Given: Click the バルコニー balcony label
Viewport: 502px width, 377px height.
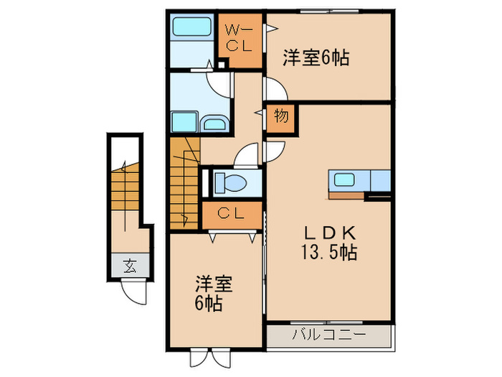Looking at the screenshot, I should [x=329, y=334].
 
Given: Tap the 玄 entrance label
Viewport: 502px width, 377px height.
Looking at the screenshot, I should [x=130, y=266].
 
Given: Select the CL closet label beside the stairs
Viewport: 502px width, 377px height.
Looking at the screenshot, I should [x=229, y=213].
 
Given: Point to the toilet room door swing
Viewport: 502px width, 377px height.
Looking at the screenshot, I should [x=247, y=154].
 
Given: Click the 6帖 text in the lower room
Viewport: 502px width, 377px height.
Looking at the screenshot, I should [x=207, y=302].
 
